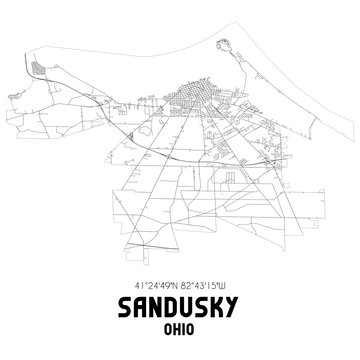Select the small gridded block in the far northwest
[40, 69]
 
